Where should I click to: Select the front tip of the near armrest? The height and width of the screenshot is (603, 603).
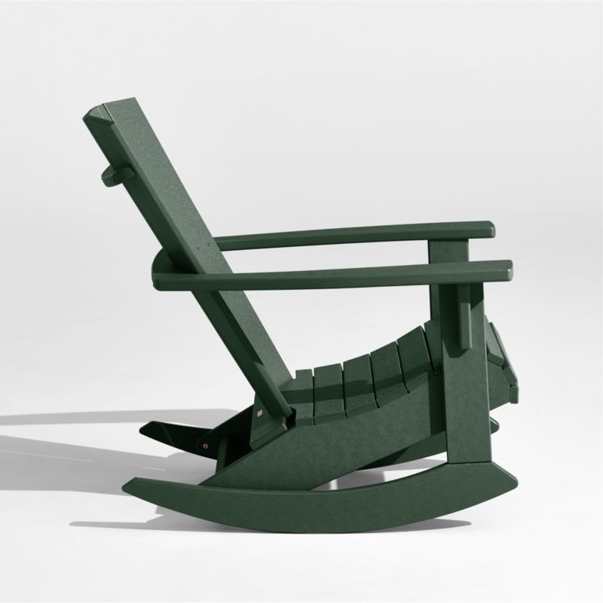(507, 267)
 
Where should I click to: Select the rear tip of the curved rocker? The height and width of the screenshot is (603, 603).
(133, 485)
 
